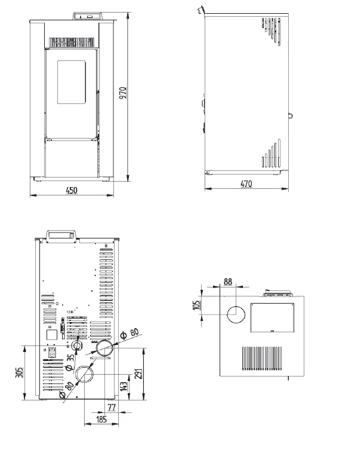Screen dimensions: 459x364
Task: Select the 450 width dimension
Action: point(72,190)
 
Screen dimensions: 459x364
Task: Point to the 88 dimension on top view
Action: point(228,281)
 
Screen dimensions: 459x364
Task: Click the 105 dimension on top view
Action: point(196,306)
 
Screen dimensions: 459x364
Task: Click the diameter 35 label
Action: point(70,361)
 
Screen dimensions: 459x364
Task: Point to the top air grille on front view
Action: point(72,42)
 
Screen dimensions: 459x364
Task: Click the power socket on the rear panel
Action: point(53,353)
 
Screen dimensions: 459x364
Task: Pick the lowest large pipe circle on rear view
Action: point(85,374)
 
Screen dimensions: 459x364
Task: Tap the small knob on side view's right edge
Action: point(290,115)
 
